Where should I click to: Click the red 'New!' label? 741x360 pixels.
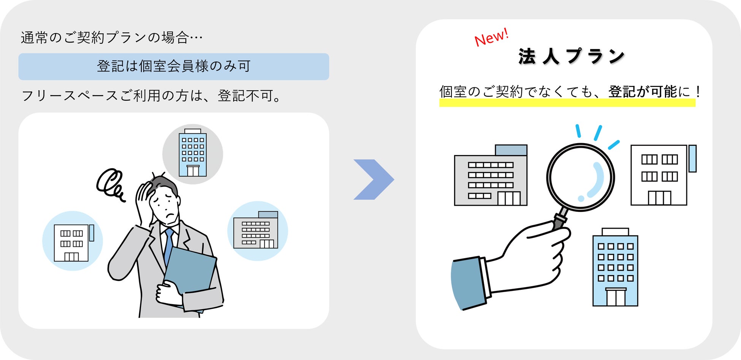click(x=491, y=37)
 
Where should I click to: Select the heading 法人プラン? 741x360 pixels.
click(x=571, y=57)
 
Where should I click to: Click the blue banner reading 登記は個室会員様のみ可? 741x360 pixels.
click(x=174, y=66)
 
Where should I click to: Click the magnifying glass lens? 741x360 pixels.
click(x=580, y=177)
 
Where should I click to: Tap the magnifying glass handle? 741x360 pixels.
click(x=560, y=220)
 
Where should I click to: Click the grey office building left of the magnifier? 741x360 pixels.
click(x=491, y=176)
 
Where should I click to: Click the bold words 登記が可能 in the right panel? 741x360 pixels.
click(x=643, y=92)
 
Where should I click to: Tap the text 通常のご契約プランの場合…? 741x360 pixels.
click(x=112, y=38)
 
